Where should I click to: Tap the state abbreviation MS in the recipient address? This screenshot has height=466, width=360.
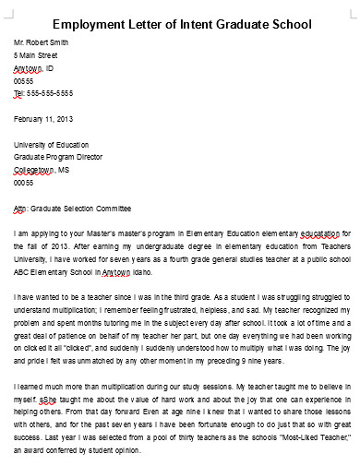pyautogui.click(x=64, y=170)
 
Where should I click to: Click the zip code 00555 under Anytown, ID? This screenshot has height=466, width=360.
pyautogui.click(x=23, y=81)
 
